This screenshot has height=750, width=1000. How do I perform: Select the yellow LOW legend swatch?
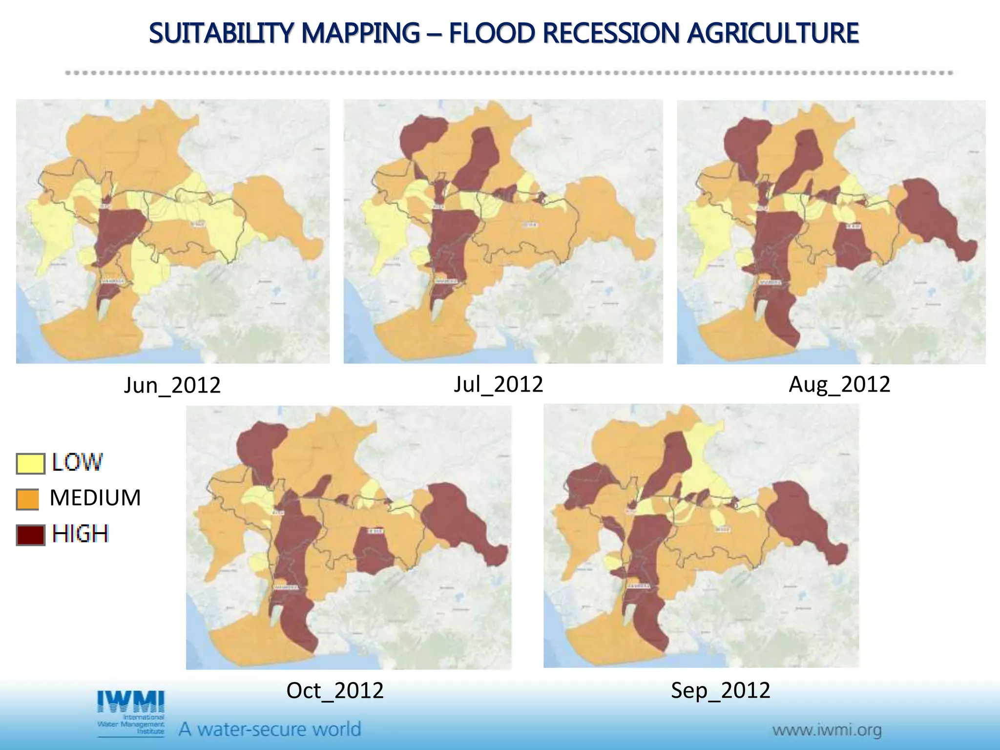pyautogui.click(x=30, y=463)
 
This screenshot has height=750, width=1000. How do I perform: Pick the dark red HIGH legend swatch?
pyautogui.click(x=30, y=535)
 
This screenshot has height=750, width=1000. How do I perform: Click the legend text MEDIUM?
pyautogui.click(x=95, y=498)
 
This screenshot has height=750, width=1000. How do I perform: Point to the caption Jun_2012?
pyautogui.click(x=172, y=385)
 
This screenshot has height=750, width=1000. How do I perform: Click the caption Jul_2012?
pyautogui.click(x=498, y=384)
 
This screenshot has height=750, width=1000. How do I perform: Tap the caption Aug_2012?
pyautogui.click(x=839, y=384)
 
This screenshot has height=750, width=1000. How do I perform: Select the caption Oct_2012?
pyautogui.click(x=335, y=690)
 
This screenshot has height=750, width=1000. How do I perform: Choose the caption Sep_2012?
pyautogui.click(x=720, y=690)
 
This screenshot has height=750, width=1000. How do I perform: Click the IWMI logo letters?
pyautogui.click(x=131, y=702)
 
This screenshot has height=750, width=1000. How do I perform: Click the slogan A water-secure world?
pyautogui.click(x=270, y=729)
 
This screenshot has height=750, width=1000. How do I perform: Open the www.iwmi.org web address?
pyautogui.click(x=827, y=730)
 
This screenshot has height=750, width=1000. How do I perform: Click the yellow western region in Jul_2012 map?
pyautogui.click(x=383, y=229)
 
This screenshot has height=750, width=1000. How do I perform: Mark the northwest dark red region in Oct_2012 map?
pyautogui.click(x=256, y=447)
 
